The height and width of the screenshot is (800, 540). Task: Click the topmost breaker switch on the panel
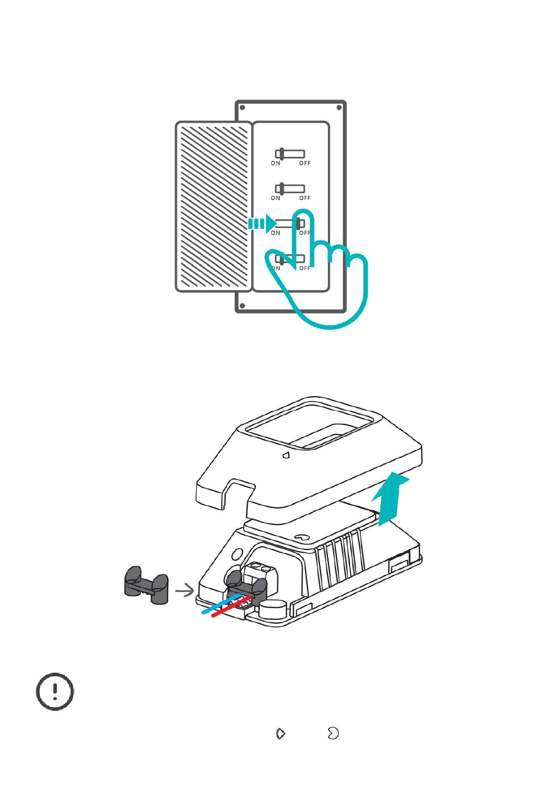pos(289,154)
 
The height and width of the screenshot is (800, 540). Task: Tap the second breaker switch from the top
pos(289,189)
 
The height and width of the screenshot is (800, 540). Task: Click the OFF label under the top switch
pos(305,164)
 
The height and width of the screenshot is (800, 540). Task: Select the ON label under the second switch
pos(276,198)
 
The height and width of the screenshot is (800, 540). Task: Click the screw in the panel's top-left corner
pos(243,107)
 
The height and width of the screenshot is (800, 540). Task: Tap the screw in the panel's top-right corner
pos(339,107)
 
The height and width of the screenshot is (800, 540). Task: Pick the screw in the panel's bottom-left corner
pos(243,306)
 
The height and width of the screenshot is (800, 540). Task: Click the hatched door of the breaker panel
pos(214,206)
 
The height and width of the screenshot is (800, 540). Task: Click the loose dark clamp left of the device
pos(147,585)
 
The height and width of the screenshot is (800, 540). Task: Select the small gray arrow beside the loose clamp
pos(185,591)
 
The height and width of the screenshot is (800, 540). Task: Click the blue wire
pos(219,606)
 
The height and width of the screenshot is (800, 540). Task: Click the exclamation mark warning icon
pos(55,692)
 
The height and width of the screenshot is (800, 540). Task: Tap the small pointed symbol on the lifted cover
pos(286,455)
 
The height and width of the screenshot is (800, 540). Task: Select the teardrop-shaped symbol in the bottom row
pos(280,734)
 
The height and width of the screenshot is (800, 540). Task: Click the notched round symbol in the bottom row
pos(333,734)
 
